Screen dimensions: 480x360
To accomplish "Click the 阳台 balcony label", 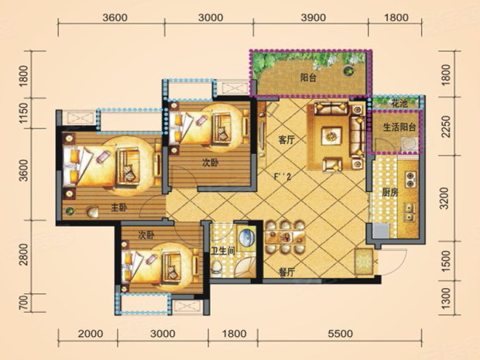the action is pyautogui.click(x=308, y=78).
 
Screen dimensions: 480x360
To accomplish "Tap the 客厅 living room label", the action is pyautogui.click(x=286, y=140).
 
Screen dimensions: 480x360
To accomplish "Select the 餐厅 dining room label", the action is pyautogui.click(x=286, y=273).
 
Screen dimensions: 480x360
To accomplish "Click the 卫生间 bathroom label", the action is pyautogui.click(x=223, y=252).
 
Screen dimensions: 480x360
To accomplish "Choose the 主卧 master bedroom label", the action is pyautogui.click(x=118, y=208).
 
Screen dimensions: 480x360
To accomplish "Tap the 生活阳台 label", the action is pyautogui.click(x=399, y=127).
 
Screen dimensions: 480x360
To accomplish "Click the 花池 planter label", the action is pyautogui.click(x=400, y=104).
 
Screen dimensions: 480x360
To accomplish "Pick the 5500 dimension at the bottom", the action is pyautogui.click(x=340, y=334).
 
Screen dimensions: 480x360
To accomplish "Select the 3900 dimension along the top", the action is pyautogui.click(x=313, y=18).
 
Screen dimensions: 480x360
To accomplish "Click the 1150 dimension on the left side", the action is pyautogui.click(x=23, y=113).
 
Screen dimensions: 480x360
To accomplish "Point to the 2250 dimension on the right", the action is pyautogui.click(x=447, y=126).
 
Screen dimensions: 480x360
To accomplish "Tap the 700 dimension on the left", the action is pyautogui.click(x=23, y=302).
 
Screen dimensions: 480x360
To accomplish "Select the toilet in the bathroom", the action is pyautogui.click(x=217, y=266).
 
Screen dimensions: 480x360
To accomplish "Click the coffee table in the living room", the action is pyautogui.click(x=331, y=135).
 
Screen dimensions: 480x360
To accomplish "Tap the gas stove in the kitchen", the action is pyautogui.click(x=410, y=180).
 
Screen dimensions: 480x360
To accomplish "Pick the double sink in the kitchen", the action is pyautogui.click(x=410, y=212).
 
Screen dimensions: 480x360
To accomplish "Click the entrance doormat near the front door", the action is pyautogui.click(x=364, y=261).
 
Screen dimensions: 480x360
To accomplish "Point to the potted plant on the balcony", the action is pyautogui.click(x=348, y=70).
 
